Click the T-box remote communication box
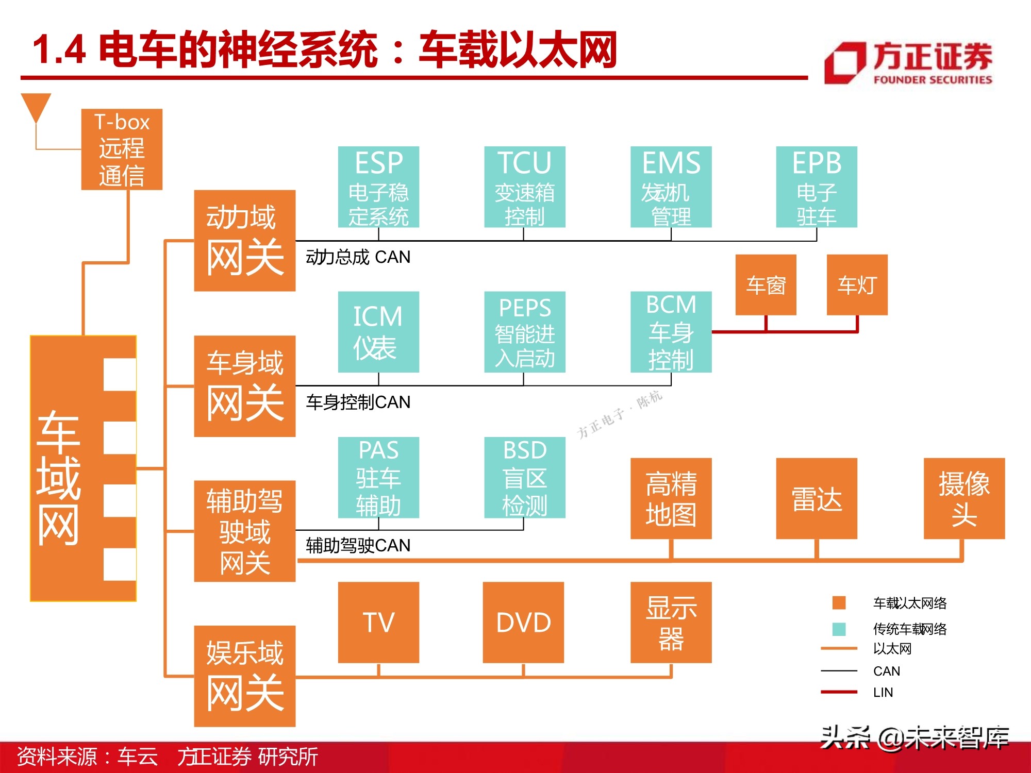pyautogui.click(x=122, y=149)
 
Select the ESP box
pyautogui.click(x=378, y=187)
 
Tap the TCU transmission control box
pyautogui.click(x=524, y=187)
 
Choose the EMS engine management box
pyautogui.click(x=671, y=187)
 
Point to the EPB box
pyautogui.click(x=817, y=187)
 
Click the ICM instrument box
pyautogui.click(x=378, y=332)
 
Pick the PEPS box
pyautogui.click(x=524, y=332)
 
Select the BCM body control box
pyautogui.click(x=671, y=332)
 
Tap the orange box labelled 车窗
pyautogui.click(x=766, y=284)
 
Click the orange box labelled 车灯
pyautogui.click(x=857, y=284)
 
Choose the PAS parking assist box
pyautogui.click(x=378, y=477)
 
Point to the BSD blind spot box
pyautogui.click(x=524, y=477)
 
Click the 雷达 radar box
pyautogui.click(x=817, y=498)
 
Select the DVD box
pyautogui.click(x=523, y=622)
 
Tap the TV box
pyautogui.click(x=378, y=622)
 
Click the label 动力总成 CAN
pyautogui.click(x=358, y=257)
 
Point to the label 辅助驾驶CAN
pyautogui.click(x=358, y=545)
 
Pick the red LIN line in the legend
pyautogui.click(x=839, y=692)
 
